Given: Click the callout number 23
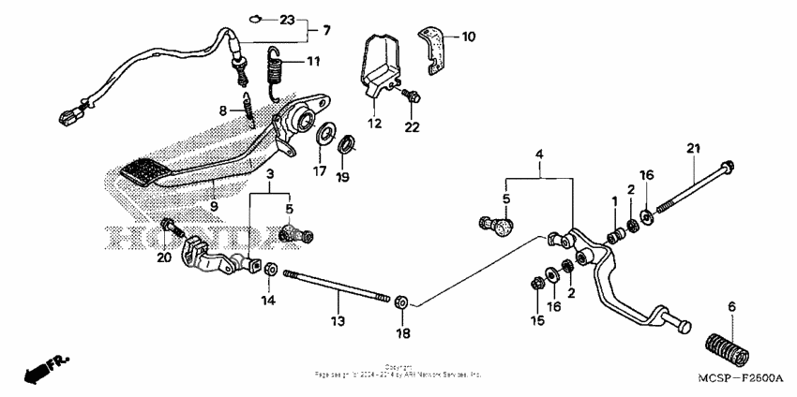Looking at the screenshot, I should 287,20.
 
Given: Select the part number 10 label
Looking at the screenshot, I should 468,37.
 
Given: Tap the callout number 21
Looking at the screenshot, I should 694,149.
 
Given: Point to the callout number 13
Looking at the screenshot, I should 338,321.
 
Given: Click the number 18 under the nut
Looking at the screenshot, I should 403,333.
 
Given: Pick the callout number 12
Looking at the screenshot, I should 375,124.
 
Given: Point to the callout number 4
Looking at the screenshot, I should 540,153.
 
